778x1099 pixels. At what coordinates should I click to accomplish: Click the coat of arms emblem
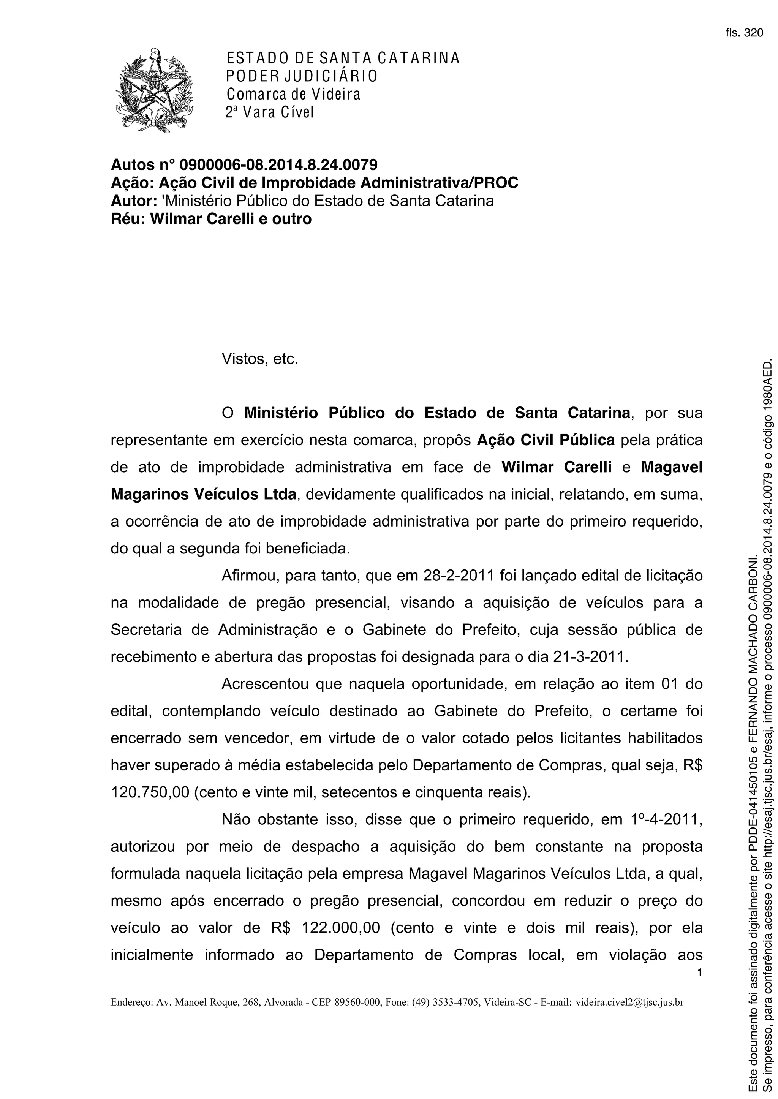click(x=154, y=90)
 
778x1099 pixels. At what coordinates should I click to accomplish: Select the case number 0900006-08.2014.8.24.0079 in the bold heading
click(x=278, y=165)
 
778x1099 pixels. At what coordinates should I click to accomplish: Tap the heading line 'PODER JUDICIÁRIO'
click(x=302, y=76)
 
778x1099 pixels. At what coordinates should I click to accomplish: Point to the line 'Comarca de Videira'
click(x=293, y=94)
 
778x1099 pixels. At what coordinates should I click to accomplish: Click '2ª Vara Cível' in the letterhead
click(x=269, y=112)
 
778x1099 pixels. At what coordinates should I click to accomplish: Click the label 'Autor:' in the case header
click(x=131, y=200)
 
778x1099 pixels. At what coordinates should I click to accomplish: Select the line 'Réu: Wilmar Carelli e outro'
click(x=211, y=218)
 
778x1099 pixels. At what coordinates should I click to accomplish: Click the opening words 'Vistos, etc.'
click(x=260, y=359)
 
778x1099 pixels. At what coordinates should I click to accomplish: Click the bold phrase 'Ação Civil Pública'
click(x=546, y=440)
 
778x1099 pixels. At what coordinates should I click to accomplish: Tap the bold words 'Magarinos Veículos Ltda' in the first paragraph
click(x=204, y=494)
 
